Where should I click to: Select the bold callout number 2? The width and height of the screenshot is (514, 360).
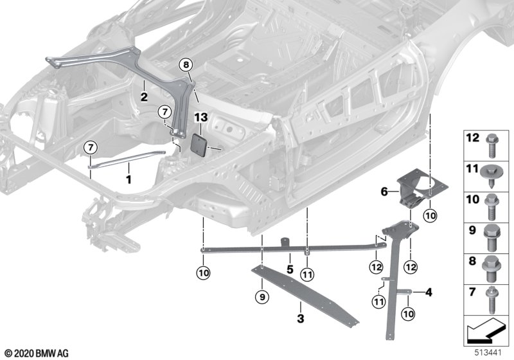pyautogui.click(x=145, y=97)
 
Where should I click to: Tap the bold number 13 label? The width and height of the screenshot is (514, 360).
pyautogui.click(x=201, y=117)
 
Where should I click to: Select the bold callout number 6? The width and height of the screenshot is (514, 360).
pyautogui.click(x=384, y=192)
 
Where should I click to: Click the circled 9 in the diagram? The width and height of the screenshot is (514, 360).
pyautogui.click(x=261, y=297)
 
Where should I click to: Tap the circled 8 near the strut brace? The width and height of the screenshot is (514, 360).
pyautogui.click(x=185, y=64)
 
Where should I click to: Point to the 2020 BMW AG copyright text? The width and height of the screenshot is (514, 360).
pyautogui.click(x=36, y=354)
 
